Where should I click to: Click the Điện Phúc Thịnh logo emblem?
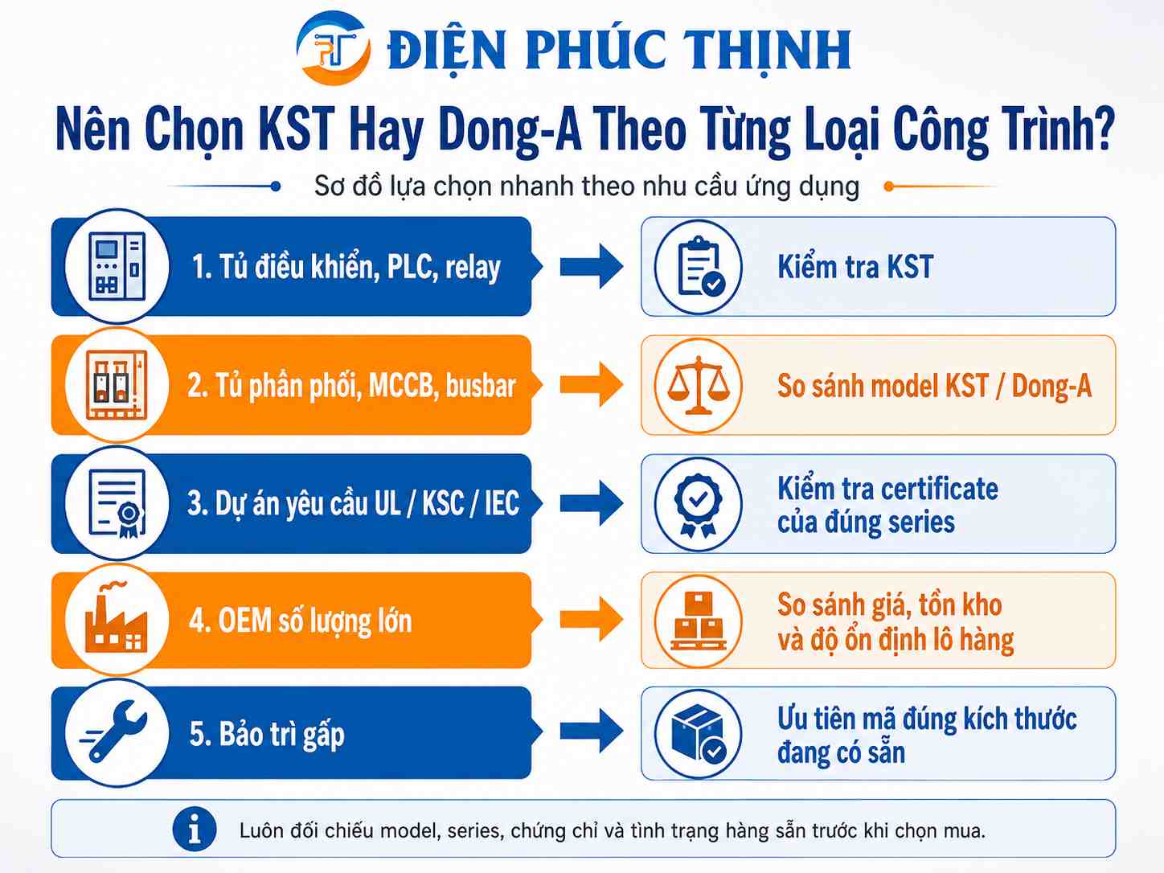click(x=333, y=48)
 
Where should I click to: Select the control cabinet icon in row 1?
click(x=117, y=266)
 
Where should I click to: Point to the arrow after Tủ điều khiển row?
click(x=592, y=266)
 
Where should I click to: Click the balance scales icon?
click(x=699, y=385)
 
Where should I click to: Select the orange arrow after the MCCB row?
click(x=592, y=384)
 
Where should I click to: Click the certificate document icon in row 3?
click(x=117, y=503)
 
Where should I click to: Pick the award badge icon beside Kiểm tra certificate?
click(x=698, y=505)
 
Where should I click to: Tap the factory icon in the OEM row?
click(x=116, y=617)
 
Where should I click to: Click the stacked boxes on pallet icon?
click(x=699, y=621)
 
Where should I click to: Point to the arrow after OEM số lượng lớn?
click(x=592, y=618)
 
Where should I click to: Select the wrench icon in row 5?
click(x=113, y=731)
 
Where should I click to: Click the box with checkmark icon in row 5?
click(x=699, y=733)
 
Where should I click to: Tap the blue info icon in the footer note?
click(x=194, y=829)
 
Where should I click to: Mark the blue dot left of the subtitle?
click(x=275, y=186)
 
